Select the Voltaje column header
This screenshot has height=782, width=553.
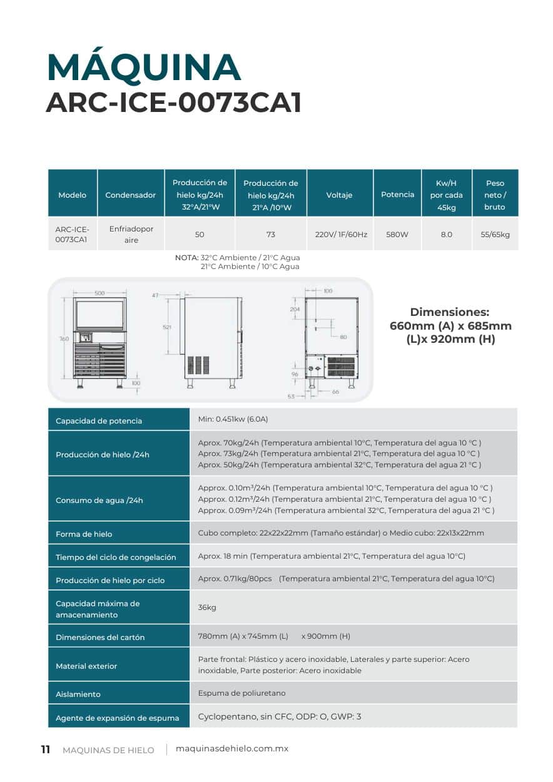pyautogui.click(x=339, y=195)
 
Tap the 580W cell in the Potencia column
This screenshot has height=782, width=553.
pyautogui.click(x=397, y=235)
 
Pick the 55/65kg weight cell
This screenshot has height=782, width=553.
pyautogui.click(x=495, y=235)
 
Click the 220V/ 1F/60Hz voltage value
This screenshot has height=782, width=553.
pyautogui.click(x=340, y=235)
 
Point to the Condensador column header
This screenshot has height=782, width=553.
pyautogui.click(x=130, y=195)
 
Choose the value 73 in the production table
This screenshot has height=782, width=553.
pyautogui.click(x=270, y=235)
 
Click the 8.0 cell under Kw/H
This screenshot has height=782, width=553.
pyautogui.click(x=446, y=235)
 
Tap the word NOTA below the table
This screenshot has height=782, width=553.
pyautogui.click(x=186, y=258)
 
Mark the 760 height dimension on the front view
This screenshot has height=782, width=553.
pyautogui.click(x=64, y=338)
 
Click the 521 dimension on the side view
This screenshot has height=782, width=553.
pyautogui.click(x=167, y=327)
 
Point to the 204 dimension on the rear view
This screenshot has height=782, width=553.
pyautogui.click(x=295, y=309)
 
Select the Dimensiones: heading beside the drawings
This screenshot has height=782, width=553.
pyautogui.click(x=449, y=312)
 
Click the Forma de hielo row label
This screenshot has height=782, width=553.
pyautogui.click(x=84, y=534)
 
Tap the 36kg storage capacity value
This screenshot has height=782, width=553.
pyautogui.click(x=207, y=607)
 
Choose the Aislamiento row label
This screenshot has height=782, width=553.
pyautogui.click(x=78, y=694)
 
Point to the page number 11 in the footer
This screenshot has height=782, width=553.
pyautogui.click(x=45, y=749)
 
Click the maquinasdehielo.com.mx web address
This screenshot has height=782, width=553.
pyautogui.click(x=232, y=749)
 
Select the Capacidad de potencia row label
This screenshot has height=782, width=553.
pyautogui.click(x=99, y=421)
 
